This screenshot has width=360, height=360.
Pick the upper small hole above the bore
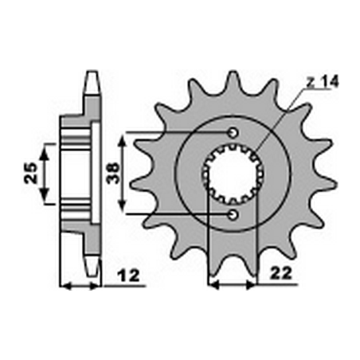coord(233,133)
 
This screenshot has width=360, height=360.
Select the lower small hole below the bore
coord(233,215)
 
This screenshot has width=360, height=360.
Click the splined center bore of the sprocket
coord(232,174)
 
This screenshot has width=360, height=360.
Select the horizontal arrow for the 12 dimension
coord(82,284)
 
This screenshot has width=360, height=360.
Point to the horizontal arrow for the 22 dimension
coord(231,284)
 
